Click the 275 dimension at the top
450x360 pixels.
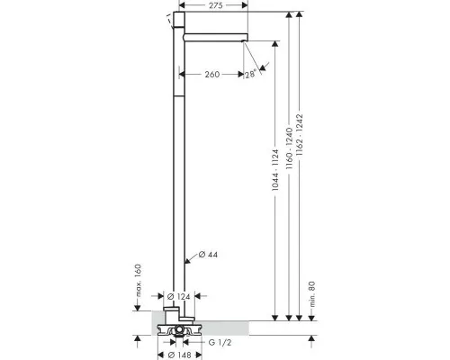pyautogui.click(x=216, y=5)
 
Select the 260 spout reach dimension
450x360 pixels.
pyautogui.click(x=212, y=74)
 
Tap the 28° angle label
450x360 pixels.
pyautogui.click(x=250, y=74)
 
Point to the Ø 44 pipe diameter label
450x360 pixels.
pyautogui.click(x=208, y=255)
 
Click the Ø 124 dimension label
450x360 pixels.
pyautogui.click(x=178, y=297)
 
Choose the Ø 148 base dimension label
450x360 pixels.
pyautogui.click(x=179, y=355)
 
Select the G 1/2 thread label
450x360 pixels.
pyautogui.click(x=220, y=342)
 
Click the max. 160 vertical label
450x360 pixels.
pyautogui.click(x=138, y=280)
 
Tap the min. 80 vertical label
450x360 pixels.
pyautogui.click(x=312, y=294)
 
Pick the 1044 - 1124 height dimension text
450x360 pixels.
pyautogui.click(x=275, y=170)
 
